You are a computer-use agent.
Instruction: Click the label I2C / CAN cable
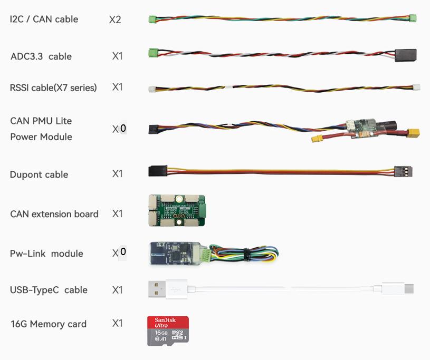pyautogui.click(x=44, y=20)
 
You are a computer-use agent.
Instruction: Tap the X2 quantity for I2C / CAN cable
pyautogui.click(x=115, y=20)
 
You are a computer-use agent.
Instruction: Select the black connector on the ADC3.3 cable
pyautogui.click(x=405, y=55)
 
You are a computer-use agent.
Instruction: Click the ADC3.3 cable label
pyautogui.click(x=41, y=56)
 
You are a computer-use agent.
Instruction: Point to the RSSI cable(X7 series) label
pyautogui.click(x=53, y=87)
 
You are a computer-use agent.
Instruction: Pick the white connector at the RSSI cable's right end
pyautogui.click(x=416, y=87)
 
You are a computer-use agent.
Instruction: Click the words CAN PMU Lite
pyautogui.click(x=41, y=121)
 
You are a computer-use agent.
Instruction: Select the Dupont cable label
pyautogui.click(x=39, y=174)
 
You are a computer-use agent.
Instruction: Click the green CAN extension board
pyautogui.click(x=176, y=210)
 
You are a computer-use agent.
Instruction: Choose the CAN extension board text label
pyautogui.click(x=54, y=214)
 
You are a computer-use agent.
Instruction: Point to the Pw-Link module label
pyautogui.click(x=46, y=254)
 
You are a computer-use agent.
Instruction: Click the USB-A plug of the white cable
pyautogui.click(x=163, y=289)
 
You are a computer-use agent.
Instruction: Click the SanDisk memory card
pyautogui.click(x=168, y=331)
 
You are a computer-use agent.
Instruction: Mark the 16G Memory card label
pyautogui.click(x=48, y=324)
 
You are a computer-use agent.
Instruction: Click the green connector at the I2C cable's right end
pyautogui.click(x=413, y=18)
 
